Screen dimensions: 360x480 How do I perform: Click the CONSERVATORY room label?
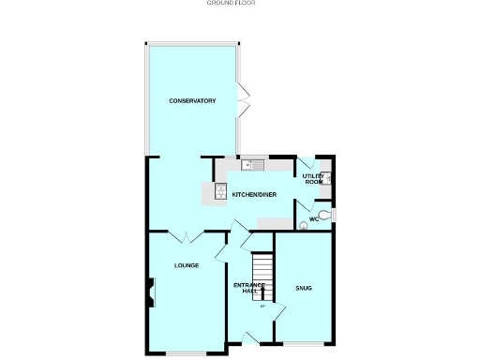(192, 100)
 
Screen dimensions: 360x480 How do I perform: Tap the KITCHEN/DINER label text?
(247, 194)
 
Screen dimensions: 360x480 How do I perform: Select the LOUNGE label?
(186, 265)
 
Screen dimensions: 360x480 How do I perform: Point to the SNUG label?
(303, 287)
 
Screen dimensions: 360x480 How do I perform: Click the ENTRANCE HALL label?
(250, 288)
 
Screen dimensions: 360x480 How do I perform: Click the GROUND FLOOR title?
(231, 4)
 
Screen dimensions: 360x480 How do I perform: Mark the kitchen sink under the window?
(249, 165)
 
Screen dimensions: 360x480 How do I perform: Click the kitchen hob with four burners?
(220, 192)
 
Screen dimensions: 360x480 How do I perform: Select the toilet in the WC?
(323, 217)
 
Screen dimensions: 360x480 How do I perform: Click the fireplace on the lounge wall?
(148, 292)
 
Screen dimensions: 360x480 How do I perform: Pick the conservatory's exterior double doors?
(243, 97)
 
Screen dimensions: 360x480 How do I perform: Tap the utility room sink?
(327, 178)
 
